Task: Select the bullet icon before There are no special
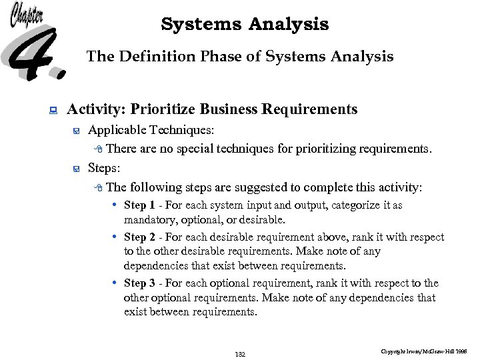99,149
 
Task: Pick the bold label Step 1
139,205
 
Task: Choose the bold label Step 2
139,237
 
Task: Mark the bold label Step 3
139,283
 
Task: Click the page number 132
240,354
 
